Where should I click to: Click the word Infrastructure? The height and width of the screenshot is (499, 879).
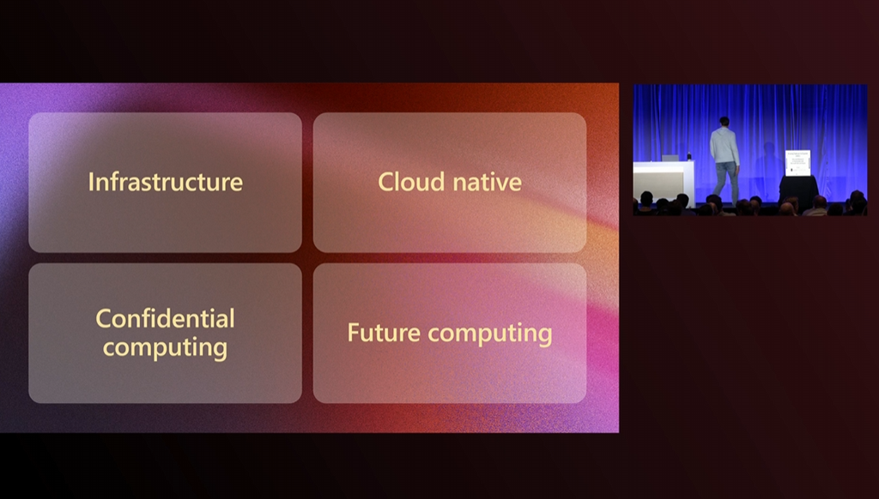pyautogui.click(x=166, y=182)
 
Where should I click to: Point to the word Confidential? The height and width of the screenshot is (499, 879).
pyautogui.click(x=166, y=319)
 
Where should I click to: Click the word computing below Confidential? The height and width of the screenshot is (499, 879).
pyautogui.click(x=166, y=348)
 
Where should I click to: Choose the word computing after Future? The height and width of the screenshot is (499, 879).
pyautogui.click(x=490, y=334)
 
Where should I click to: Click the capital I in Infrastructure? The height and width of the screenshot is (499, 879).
pyautogui.click(x=91, y=182)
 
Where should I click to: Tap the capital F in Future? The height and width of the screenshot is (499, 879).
pyautogui.click(x=353, y=333)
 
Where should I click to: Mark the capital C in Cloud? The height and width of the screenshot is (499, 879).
pyautogui.click(x=386, y=182)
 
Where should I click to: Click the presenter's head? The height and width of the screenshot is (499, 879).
pyautogui.click(x=724, y=122)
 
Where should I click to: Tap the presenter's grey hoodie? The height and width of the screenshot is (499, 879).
pyautogui.click(x=724, y=146)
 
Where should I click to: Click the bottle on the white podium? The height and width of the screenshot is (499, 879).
pyautogui.click(x=689, y=156)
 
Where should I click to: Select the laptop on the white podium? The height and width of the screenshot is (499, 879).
pyautogui.click(x=670, y=158)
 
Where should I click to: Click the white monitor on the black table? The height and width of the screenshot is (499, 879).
pyautogui.click(x=797, y=162)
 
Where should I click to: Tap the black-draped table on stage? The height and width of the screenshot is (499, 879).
pyautogui.click(x=799, y=190)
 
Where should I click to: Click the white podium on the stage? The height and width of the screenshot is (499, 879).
pyautogui.click(x=664, y=180)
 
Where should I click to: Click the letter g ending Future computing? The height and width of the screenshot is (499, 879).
pyautogui.click(x=545, y=336)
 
